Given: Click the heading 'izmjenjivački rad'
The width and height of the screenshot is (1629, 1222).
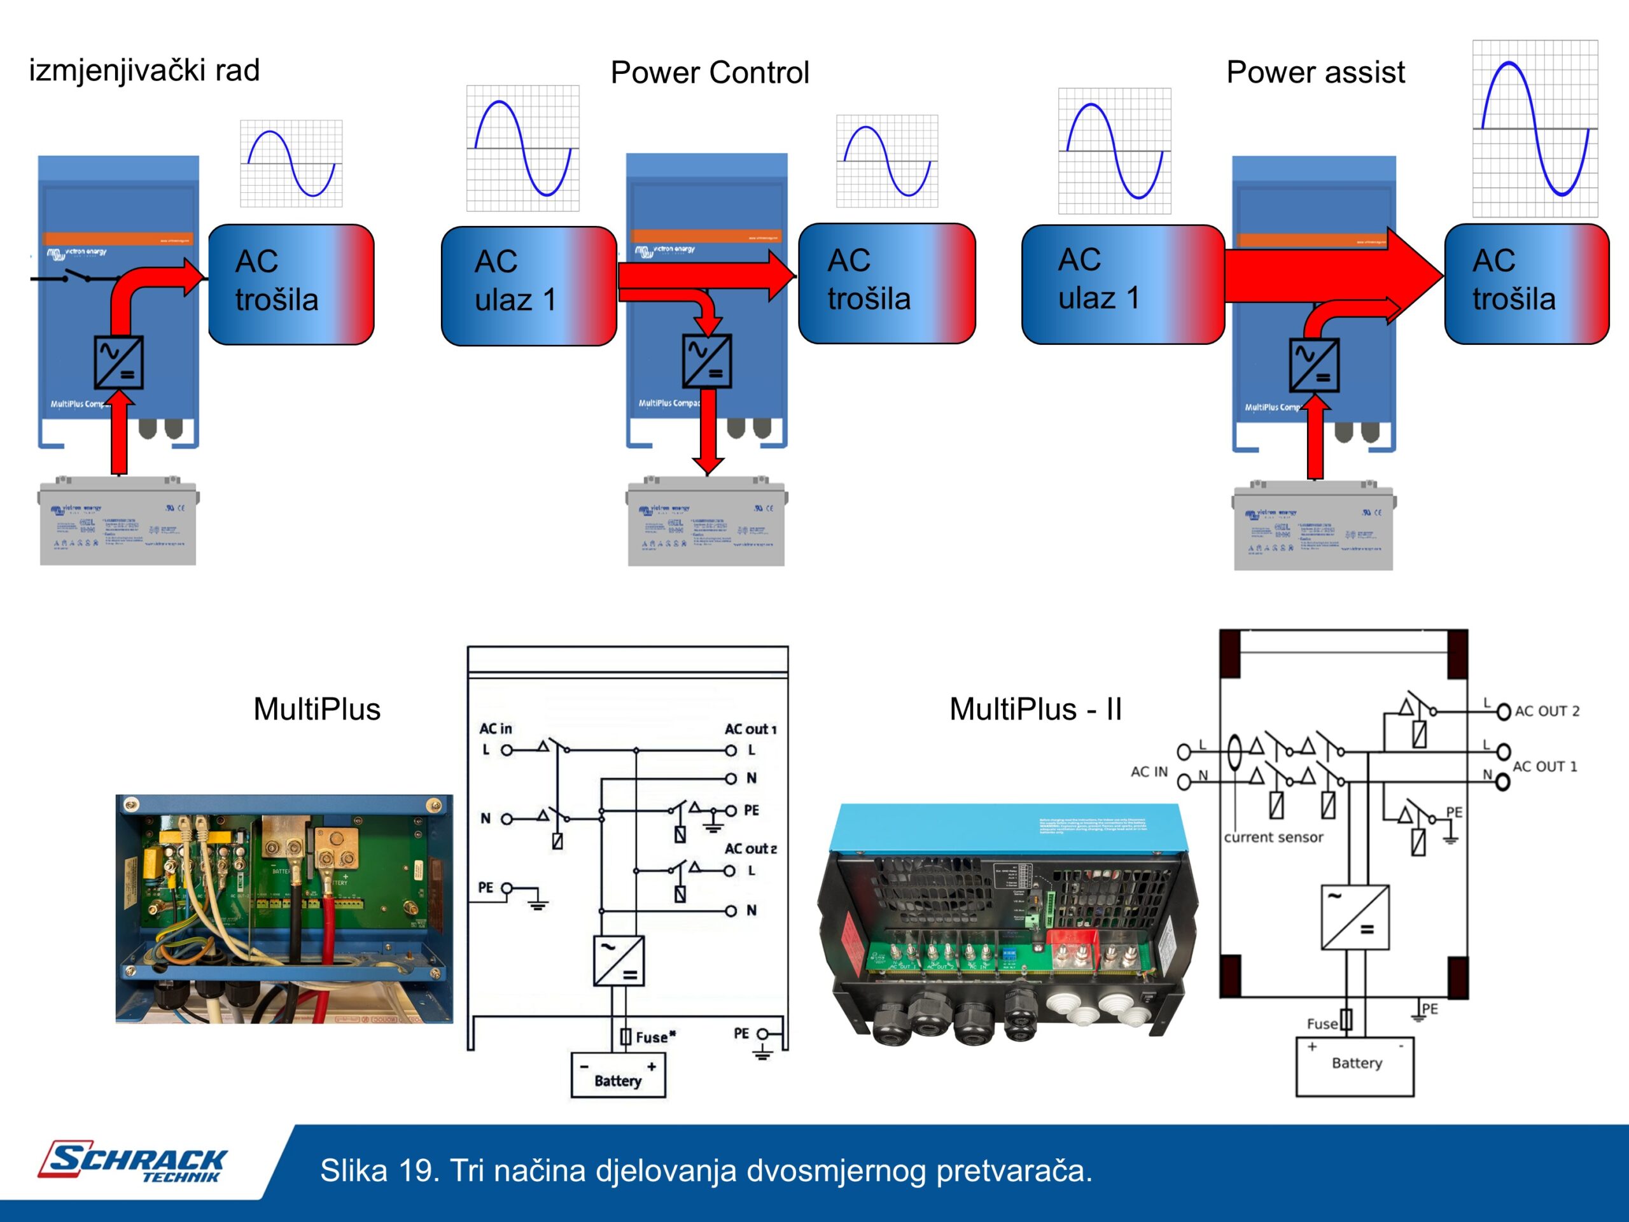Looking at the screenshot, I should coord(144,71).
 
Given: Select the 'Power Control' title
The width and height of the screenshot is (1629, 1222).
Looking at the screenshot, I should coord(710,72).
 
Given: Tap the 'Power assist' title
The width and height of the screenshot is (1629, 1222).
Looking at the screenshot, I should coord(1315,72).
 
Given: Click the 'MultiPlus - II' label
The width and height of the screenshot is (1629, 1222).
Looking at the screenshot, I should coord(1035,708).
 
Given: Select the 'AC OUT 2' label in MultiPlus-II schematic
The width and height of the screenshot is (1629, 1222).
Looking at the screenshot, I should coord(1546,711).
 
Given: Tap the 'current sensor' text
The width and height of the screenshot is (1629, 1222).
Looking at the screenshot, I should coord(1273,837).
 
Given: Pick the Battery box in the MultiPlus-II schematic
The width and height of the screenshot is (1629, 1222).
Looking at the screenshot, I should coord(1354,1066).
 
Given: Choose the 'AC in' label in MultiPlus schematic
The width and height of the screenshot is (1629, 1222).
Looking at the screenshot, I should coord(496,729).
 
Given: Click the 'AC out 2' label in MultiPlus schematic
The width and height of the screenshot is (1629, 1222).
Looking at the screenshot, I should coord(750,848).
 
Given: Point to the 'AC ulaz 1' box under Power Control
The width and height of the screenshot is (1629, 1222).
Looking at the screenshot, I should coord(528,285).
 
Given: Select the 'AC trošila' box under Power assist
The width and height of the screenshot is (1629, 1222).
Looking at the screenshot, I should coord(1526,284).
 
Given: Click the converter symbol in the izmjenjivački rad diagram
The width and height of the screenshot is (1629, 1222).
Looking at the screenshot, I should coord(118,362).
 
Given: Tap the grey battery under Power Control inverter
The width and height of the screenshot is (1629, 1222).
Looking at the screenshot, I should coord(706,523).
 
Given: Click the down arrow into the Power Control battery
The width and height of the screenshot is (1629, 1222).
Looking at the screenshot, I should coord(708,435).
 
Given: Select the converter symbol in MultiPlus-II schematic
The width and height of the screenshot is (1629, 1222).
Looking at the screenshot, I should coord(1355,917).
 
